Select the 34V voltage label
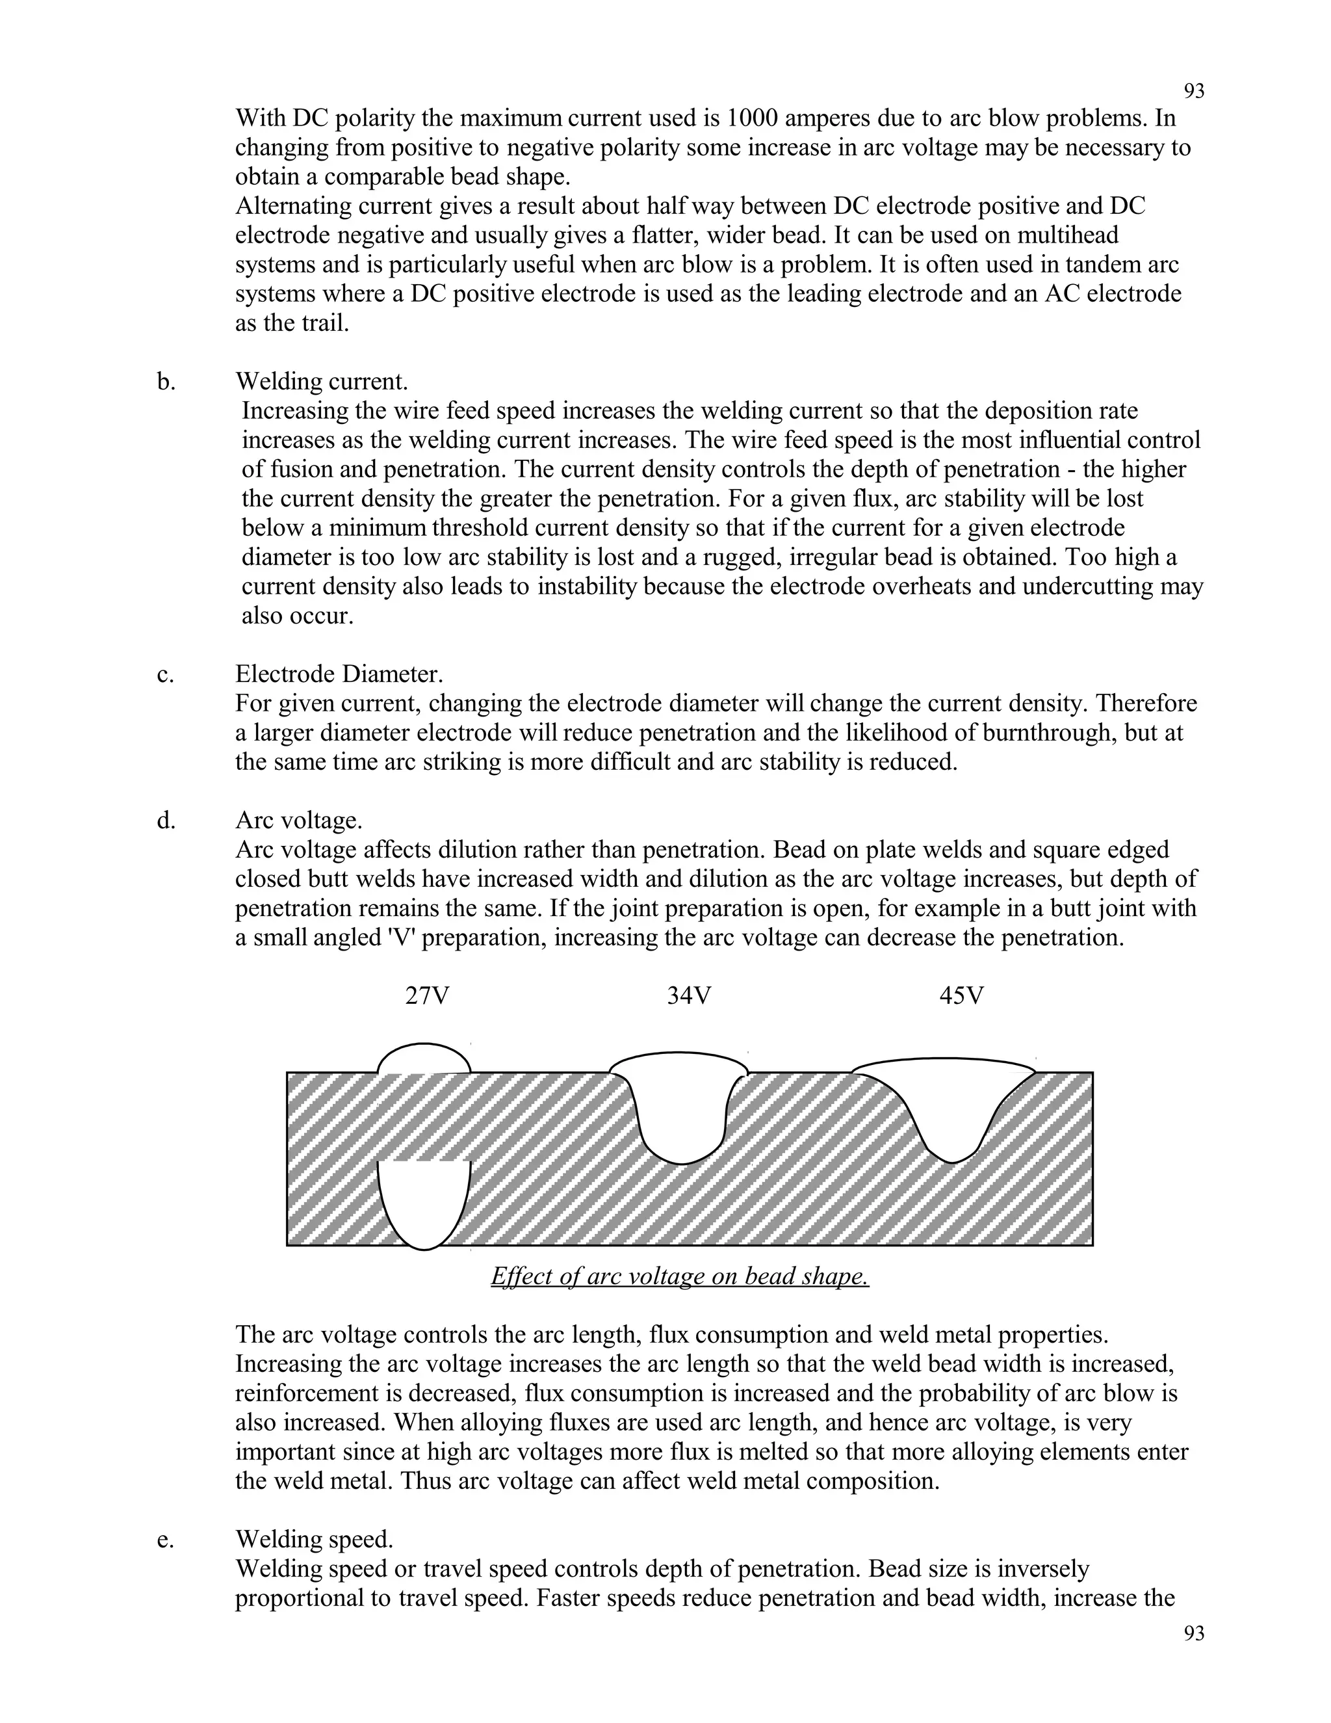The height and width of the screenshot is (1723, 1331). tap(688, 996)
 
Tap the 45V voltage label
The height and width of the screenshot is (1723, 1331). tap(961, 996)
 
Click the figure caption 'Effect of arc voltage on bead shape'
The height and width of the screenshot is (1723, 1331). tap(680, 1276)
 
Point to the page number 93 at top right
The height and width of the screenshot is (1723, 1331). tap(1194, 92)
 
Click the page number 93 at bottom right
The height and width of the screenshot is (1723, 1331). tap(1194, 1633)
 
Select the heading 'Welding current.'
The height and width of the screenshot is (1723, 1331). tap(322, 382)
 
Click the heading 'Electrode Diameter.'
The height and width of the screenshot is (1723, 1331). tap(339, 674)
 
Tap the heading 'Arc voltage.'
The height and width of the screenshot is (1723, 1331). tap(299, 821)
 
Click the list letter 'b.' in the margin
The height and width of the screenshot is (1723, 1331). tap(166, 382)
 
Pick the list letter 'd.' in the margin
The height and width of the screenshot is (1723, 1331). tap(166, 821)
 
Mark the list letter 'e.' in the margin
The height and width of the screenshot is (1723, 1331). tap(166, 1539)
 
